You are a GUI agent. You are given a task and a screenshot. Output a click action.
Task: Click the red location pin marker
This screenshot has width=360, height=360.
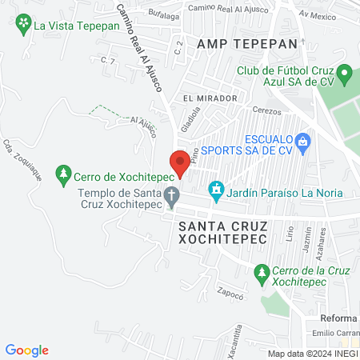coord(180,162)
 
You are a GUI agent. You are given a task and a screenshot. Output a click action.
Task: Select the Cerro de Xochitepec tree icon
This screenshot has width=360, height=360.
coord(63,174)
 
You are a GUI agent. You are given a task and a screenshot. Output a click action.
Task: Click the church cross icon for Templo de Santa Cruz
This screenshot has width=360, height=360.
coord(171,194)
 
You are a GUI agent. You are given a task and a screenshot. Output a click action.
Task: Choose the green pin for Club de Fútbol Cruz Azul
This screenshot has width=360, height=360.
coord(345,77)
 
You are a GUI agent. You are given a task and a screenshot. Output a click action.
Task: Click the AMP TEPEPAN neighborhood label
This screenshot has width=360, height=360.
coord(241,43)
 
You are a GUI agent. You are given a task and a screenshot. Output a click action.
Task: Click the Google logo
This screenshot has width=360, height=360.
coord(27,350)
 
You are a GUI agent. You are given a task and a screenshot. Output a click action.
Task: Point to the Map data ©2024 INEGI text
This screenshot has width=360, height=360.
coord(313,354)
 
